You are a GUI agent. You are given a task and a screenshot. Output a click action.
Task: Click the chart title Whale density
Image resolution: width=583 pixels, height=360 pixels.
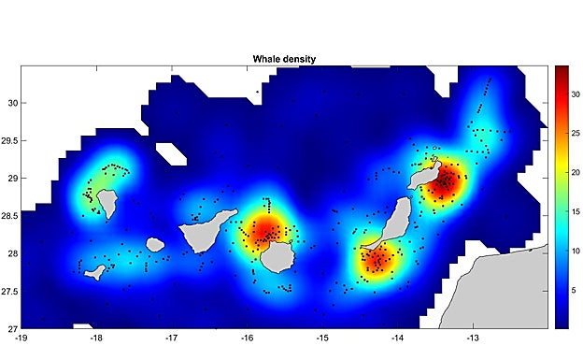(284, 59)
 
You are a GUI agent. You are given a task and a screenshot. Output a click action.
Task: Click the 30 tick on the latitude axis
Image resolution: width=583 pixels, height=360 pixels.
(12, 103)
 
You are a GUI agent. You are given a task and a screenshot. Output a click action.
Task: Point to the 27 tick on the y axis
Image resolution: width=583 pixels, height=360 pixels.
(12, 328)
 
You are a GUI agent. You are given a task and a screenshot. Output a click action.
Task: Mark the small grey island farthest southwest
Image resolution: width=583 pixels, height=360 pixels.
(94, 271)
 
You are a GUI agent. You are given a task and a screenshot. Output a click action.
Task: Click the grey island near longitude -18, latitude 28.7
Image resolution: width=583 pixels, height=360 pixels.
(105, 201)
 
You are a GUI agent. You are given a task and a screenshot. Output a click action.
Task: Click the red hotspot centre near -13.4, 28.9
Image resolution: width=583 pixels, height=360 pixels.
(443, 183)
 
